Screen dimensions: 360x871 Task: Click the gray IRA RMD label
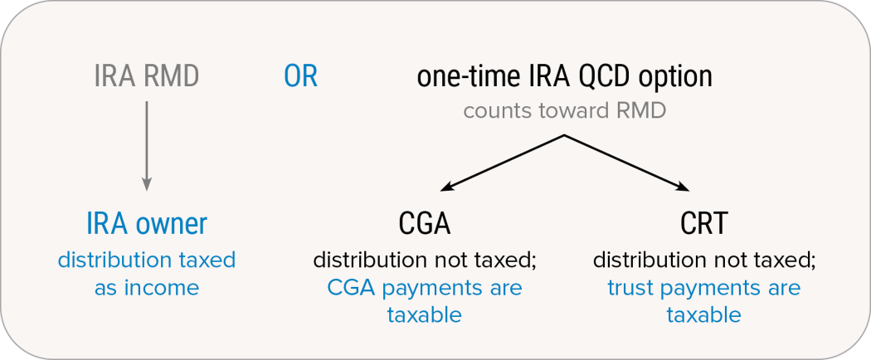click(147, 77)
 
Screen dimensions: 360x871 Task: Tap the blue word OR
click(300, 77)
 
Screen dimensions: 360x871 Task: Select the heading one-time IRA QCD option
click(564, 77)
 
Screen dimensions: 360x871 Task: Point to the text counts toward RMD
click(564, 110)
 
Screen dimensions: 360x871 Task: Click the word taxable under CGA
click(425, 315)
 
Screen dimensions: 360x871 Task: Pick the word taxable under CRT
click(704, 315)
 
